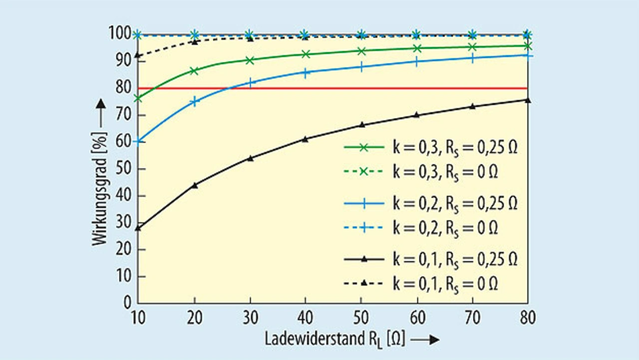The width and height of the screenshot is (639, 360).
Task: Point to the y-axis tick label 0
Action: pos(127,303)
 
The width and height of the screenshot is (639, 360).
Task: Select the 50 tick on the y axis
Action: pos(124,169)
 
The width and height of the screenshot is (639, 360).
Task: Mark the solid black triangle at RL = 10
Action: pos(138,228)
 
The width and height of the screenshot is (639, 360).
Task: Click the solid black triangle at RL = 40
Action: pos(305,139)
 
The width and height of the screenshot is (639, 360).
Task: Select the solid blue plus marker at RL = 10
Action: pos(138,141)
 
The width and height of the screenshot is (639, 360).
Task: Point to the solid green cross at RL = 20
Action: pos(194,71)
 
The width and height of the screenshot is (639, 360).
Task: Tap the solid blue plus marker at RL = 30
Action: pos(250,83)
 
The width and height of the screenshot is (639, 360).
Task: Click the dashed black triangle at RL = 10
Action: pos(138,55)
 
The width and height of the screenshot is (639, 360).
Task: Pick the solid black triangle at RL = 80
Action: pos(527,100)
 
